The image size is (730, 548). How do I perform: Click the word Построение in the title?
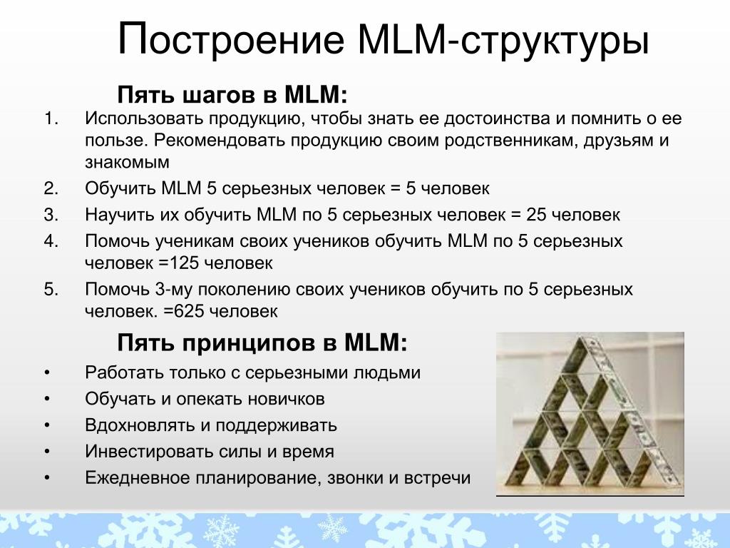point(231,39)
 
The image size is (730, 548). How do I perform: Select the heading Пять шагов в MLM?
point(232,95)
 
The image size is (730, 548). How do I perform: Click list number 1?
point(51,118)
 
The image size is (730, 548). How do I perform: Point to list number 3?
point(51,215)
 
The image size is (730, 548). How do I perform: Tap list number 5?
point(51,290)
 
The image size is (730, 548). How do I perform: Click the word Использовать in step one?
point(144,118)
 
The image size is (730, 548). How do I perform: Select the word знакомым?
point(127,162)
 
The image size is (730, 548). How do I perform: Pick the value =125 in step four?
point(179,263)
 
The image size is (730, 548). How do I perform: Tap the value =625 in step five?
point(184,311)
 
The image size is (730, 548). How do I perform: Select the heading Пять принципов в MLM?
point(262,342)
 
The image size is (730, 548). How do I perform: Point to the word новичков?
point(286,400)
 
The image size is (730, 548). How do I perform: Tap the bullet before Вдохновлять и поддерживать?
point(47,426)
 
